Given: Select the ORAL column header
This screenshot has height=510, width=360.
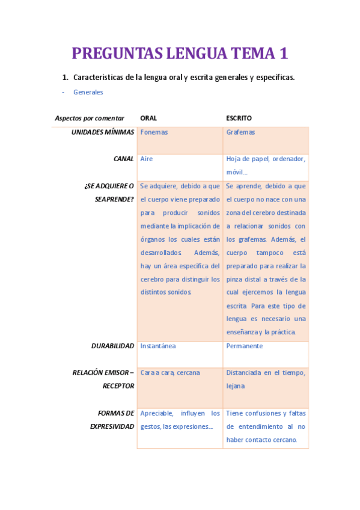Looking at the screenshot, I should (148, 118).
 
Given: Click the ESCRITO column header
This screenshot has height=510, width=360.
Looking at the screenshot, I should (239, 118).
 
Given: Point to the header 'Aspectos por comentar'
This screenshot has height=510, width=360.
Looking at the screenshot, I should (90, 118).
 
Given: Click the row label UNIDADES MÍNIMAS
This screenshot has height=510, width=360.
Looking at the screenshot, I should (103, 132).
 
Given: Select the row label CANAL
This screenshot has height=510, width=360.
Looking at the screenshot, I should (124, 159).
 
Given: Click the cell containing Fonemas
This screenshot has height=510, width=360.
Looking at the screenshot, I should (154, 132).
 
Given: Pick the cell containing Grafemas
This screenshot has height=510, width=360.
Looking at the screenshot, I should (240, 132).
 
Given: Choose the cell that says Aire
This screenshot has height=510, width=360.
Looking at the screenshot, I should (147, 159).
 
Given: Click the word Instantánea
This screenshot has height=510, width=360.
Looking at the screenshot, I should (158, 346).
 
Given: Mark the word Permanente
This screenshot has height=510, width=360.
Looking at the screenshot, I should (245, 346).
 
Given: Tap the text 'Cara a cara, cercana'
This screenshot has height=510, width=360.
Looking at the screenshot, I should (170, 373).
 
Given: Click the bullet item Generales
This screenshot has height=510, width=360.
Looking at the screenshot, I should (88, 92).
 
